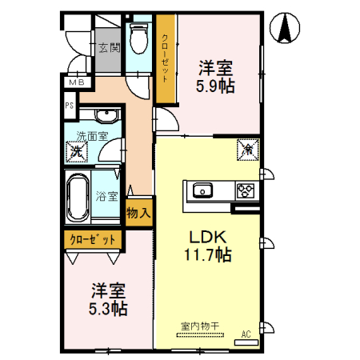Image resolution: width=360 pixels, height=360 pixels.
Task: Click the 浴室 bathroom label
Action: click(108, 196)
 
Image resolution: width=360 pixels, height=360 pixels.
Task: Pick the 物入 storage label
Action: click(138, 213)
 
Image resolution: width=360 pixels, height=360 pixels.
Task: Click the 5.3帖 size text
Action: click(108, 307)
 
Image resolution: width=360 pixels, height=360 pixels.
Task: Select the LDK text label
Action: click(210, 238)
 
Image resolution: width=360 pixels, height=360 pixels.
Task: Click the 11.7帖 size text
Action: click(210, 256)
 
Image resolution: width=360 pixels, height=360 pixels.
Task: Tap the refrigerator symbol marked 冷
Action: click(246, 149)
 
